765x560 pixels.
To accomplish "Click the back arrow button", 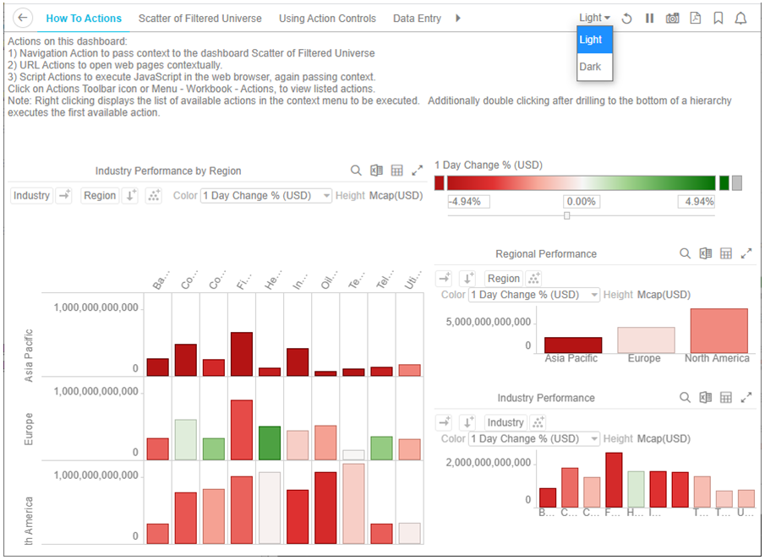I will (24, 18).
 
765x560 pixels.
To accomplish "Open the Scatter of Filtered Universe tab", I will (199, 19).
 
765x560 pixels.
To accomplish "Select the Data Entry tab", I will (417, 19).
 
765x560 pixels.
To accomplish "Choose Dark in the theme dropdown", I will (591, 67).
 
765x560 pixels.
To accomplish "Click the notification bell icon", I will (740, 19).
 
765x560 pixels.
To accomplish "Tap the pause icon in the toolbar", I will (649, 19).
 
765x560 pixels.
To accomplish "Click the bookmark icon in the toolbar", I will (718, 19).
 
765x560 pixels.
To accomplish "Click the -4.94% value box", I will (468, 202).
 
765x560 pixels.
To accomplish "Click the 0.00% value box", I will (582, 202).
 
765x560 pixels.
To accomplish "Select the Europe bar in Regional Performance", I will (646, 340).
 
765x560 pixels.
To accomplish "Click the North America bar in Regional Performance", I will (719, 330).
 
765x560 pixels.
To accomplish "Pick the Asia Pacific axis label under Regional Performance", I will (571, 358).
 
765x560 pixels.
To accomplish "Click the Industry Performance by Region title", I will (168, 171).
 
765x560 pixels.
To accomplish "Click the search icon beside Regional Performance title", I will (686, 253).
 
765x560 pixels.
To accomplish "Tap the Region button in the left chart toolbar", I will (99, 195).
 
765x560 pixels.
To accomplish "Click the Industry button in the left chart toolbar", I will (31, 195).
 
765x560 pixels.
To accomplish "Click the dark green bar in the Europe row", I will (270, 443).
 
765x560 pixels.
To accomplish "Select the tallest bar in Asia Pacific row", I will (241, 354).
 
